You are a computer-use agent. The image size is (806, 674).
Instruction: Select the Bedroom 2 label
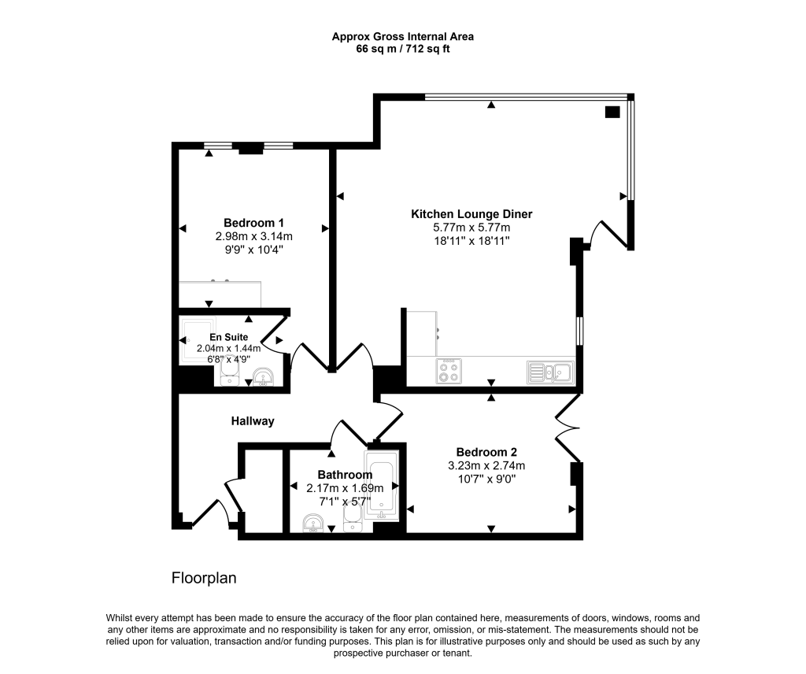coord(486,452)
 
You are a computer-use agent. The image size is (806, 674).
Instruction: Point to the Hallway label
coord(253,421)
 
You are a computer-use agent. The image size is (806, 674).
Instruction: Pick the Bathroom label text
coord(345,475)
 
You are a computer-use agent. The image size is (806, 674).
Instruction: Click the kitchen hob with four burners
coord(449,371)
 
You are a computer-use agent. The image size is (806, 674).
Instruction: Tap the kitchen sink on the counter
coord(552,371)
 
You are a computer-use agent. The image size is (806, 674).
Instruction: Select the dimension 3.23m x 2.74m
coord(486,465)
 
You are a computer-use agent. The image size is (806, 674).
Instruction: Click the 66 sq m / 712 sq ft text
coord(403,49)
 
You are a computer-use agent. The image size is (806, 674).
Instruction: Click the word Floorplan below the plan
coord(204,578)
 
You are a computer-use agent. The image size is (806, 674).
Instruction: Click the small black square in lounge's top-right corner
coord(612,112)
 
